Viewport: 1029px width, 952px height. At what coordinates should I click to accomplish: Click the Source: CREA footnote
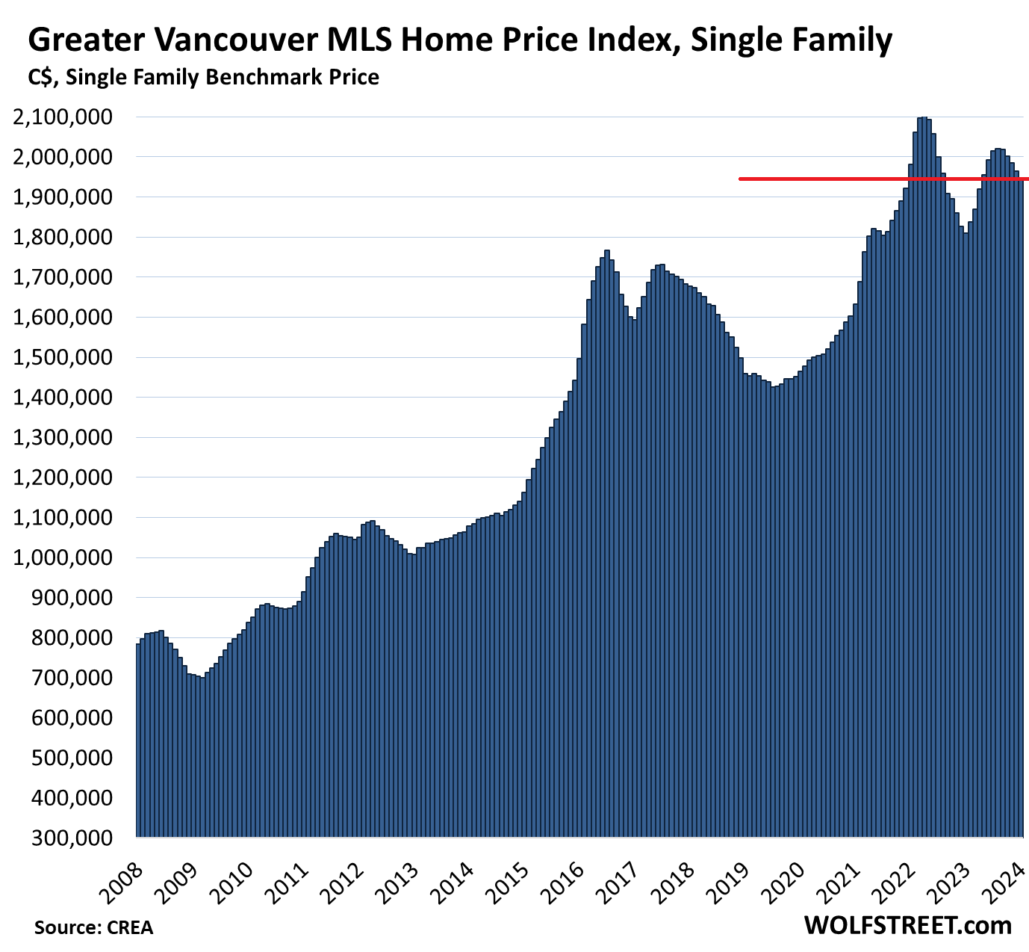click(x=93, y=927)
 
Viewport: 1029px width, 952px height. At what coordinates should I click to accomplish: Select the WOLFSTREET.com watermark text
click(x=907, y=925)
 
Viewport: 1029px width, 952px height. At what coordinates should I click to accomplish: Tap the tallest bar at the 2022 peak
click(x=924, y=478)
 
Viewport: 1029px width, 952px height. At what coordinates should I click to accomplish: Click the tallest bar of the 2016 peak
click(x=607, y=545)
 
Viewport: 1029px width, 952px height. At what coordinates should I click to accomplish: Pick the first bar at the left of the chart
click(x=138, y=740)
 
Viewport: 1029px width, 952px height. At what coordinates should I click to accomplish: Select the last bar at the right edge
click(x=1021, y=508)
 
